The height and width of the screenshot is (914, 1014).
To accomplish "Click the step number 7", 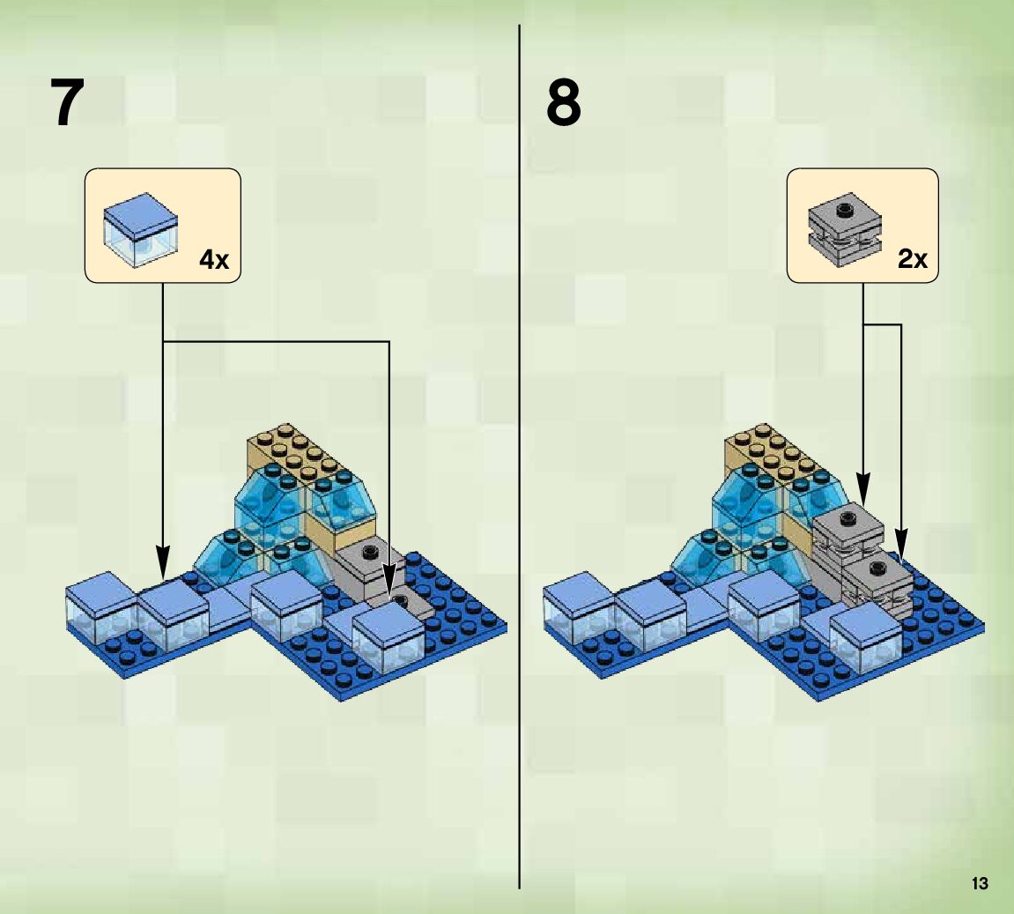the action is coord(68,104).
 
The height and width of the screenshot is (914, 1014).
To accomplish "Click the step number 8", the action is coord(564,104).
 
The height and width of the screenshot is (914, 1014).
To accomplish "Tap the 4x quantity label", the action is coord(213,260).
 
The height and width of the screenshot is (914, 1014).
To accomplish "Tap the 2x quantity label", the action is coord(913,260).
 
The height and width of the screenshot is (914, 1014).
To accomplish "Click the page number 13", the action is coord(980,883).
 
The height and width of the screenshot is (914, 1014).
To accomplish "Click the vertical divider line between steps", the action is coord(520,441).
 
